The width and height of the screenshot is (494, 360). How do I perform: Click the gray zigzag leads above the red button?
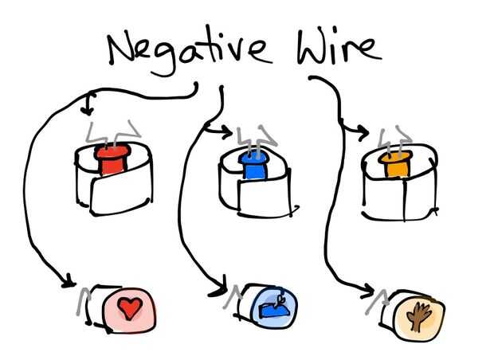[x=112, y=129]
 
